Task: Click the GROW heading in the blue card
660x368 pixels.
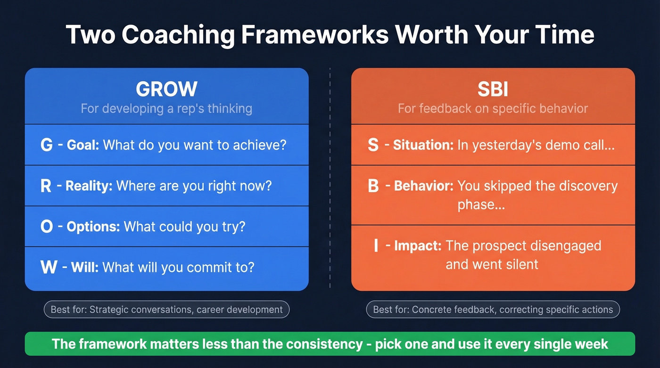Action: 166,89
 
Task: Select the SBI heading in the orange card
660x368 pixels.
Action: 493,89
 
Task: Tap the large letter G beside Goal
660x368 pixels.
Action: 47,145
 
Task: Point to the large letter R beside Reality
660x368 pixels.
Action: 46,186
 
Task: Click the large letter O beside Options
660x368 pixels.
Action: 47,227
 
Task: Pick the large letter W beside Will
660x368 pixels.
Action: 49,267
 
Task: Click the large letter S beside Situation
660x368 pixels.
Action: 373,145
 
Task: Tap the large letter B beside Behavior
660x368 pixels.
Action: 373,186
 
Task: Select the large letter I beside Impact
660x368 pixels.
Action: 376,245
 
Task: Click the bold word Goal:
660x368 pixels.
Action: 83,145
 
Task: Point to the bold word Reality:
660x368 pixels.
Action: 89,186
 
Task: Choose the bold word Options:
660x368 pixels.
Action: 93,227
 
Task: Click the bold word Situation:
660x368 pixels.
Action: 423,145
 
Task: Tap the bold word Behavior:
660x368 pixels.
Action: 423,186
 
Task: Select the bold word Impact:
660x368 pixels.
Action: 418,245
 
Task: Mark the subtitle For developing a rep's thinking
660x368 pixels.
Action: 166,108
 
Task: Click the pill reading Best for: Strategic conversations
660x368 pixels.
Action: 166,310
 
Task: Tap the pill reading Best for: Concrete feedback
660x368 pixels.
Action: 493,310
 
